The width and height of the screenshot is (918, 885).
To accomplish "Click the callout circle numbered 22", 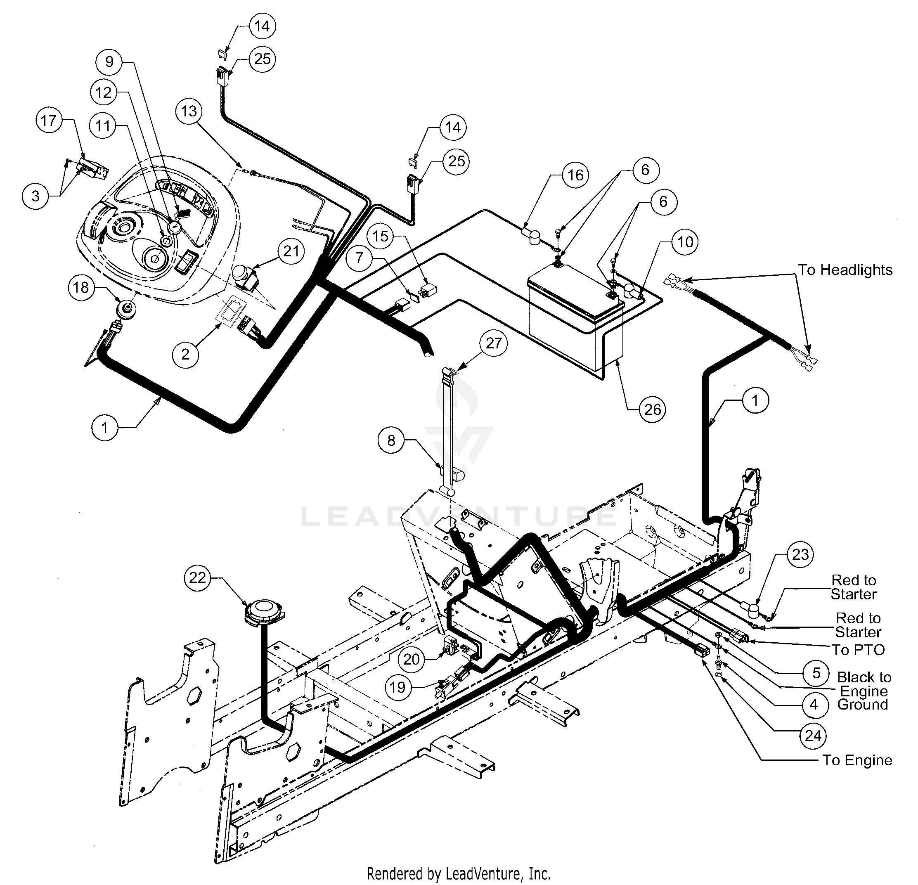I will pyautogui.click(x=197, y=577).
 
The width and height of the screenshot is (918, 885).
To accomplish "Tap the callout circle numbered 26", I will pyautogui.click(x=653, y=409).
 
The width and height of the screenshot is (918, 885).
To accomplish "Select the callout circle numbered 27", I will pyautogui.click(x=494, y=343).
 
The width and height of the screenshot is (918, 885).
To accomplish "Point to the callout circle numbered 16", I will pyautogui.click(x=575, y=175).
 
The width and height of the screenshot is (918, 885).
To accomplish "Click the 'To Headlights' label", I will pyautogui.click(x=845, y=270).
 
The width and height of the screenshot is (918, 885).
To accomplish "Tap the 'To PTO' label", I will pyautogui.click(x=858, y=650).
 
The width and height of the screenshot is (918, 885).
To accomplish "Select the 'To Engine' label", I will pyautogui.click(x=857, y=760).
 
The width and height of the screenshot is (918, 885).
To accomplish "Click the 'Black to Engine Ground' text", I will pyautogui.click(x=864, y=691).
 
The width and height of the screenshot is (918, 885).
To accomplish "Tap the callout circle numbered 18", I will pyautogui.click(x=81, y=287).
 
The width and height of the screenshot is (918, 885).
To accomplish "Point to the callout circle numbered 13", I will pyautogui.click(x=189, y=111).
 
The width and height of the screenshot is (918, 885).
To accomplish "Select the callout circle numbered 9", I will pyautogui.click(x=109, y=62).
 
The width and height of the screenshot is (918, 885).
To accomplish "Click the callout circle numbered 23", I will pyautogui.click(x=800, y=555).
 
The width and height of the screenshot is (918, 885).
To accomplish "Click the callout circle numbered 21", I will pyautogui.click(x=291, y=251).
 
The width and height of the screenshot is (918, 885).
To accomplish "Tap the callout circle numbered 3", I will pyautogui.click(x=35, y=196).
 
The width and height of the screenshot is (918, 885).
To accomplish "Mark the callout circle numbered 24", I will pyautogui.click(x=813, y=736).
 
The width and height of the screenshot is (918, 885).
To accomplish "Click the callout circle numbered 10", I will pyautogui.click(x=685, y=242).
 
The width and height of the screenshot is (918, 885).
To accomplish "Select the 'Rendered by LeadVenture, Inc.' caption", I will pyautogui.click(x=459, y=874).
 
